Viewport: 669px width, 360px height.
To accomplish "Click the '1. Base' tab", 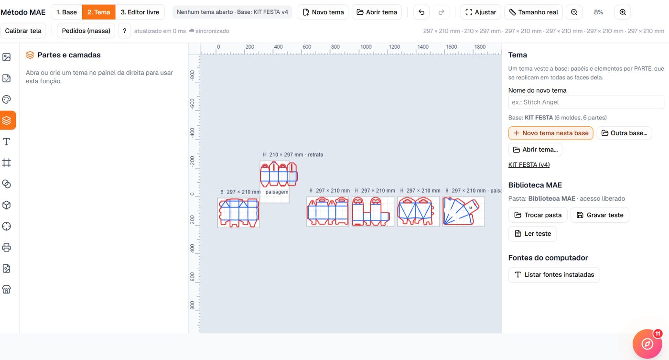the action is click(x=66, y=12).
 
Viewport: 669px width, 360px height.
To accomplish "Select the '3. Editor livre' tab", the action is click(x=140, y=12).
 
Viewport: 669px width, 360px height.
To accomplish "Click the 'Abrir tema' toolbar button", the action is click(x=377, y=12).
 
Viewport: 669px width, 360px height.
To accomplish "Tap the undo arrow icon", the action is click(x=421, y=12).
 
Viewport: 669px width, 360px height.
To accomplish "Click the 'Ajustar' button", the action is click(x=481, y=12).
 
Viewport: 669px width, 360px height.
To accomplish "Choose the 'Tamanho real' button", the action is click(x=533, y=12).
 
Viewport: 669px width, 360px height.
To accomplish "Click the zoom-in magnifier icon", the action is click(x=623, y=12).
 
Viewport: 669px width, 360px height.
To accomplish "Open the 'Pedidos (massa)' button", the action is click(x=86, y=31).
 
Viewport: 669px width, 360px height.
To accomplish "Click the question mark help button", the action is click(x=125, y=31).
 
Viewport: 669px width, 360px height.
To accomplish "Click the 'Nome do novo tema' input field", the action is click(x=586, y=102).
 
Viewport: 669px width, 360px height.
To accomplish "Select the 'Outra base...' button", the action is click(x=624, y=133).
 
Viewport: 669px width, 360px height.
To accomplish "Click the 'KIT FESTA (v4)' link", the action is click(x=529, y=164).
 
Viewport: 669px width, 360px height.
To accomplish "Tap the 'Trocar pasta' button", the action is click(x=538, y=215).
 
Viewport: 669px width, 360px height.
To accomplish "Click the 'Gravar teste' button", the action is click(x=600, y=215).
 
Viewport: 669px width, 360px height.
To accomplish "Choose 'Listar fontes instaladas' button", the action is click(x=554, y=274).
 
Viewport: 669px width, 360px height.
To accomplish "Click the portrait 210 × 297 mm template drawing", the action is click(x=279, y=174).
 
